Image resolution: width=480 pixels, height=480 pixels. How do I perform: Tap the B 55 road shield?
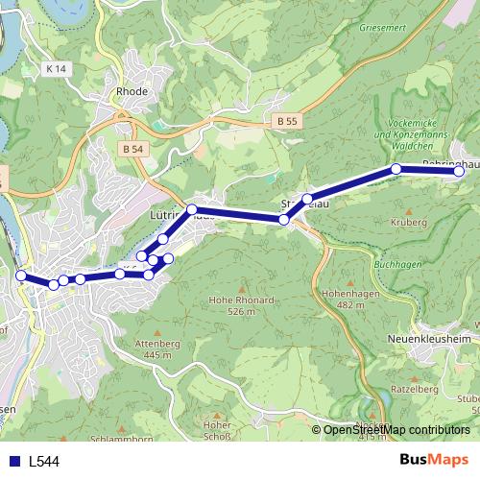tap(286, 122)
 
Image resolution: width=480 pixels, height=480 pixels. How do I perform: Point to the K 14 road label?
tap(58, 69)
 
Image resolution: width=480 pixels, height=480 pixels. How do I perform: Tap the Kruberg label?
tap(409, 222)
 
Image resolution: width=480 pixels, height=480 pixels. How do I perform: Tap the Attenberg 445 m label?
tap(158, 348)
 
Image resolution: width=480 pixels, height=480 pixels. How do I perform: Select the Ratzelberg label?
tap(415, 389)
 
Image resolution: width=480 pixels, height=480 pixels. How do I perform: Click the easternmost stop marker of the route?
tap(459, 172)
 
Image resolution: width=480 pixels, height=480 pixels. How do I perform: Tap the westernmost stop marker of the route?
tap(20, 276)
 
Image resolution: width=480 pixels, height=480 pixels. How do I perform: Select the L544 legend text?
tap(44, 462)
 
